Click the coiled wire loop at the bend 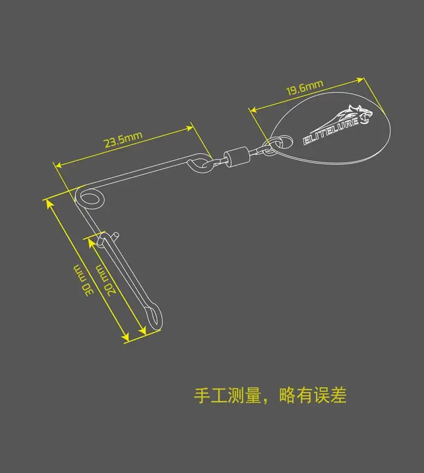click(91, 197)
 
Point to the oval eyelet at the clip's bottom click(154, 318)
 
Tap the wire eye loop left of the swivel click(199, 161)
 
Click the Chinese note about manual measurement click(270, 396)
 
